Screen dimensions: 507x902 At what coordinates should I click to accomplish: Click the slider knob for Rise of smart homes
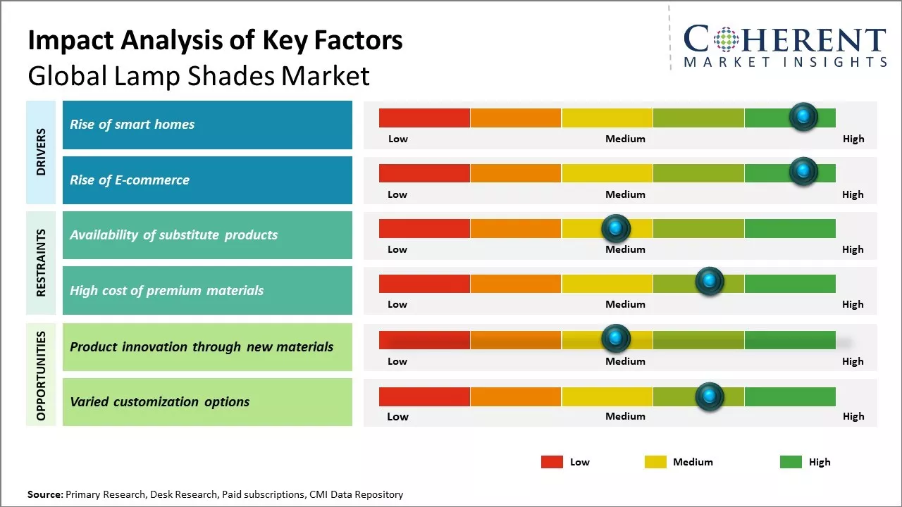click(803, 117)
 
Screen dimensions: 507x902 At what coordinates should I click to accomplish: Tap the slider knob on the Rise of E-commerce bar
click(803, 172)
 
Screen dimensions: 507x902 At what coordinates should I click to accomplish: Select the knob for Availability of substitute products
click(616, 228)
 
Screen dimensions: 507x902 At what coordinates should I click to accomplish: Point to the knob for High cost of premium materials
click(710, 282)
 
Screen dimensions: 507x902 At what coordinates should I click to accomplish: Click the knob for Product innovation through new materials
click(616, 339)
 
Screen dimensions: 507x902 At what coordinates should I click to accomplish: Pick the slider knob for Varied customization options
click(710, 397)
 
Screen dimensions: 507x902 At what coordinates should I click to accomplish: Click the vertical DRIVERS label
click(41, 152)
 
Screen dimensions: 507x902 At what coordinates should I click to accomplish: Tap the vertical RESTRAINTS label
click(41, 263)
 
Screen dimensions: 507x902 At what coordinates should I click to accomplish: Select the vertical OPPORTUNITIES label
click(41, 375)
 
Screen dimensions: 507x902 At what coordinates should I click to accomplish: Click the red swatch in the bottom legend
click(552, 462)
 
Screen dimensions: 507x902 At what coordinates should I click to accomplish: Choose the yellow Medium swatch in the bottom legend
click(655, 462)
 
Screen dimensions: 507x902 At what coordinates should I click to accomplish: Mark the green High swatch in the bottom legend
click(791, 462)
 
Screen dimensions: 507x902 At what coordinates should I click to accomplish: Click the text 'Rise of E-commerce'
click(130, 180)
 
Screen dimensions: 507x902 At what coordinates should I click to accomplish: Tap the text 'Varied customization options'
click(159, 402)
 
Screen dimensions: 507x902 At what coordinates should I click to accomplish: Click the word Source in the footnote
click(44, 494)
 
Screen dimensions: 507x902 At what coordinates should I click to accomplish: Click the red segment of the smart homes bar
click(424, 118)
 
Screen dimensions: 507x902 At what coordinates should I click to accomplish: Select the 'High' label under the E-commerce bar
click(853, 194)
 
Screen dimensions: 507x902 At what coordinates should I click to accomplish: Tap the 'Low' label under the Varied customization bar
click(397, 417)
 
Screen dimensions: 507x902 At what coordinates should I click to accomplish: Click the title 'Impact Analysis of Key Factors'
click(215, 41)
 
